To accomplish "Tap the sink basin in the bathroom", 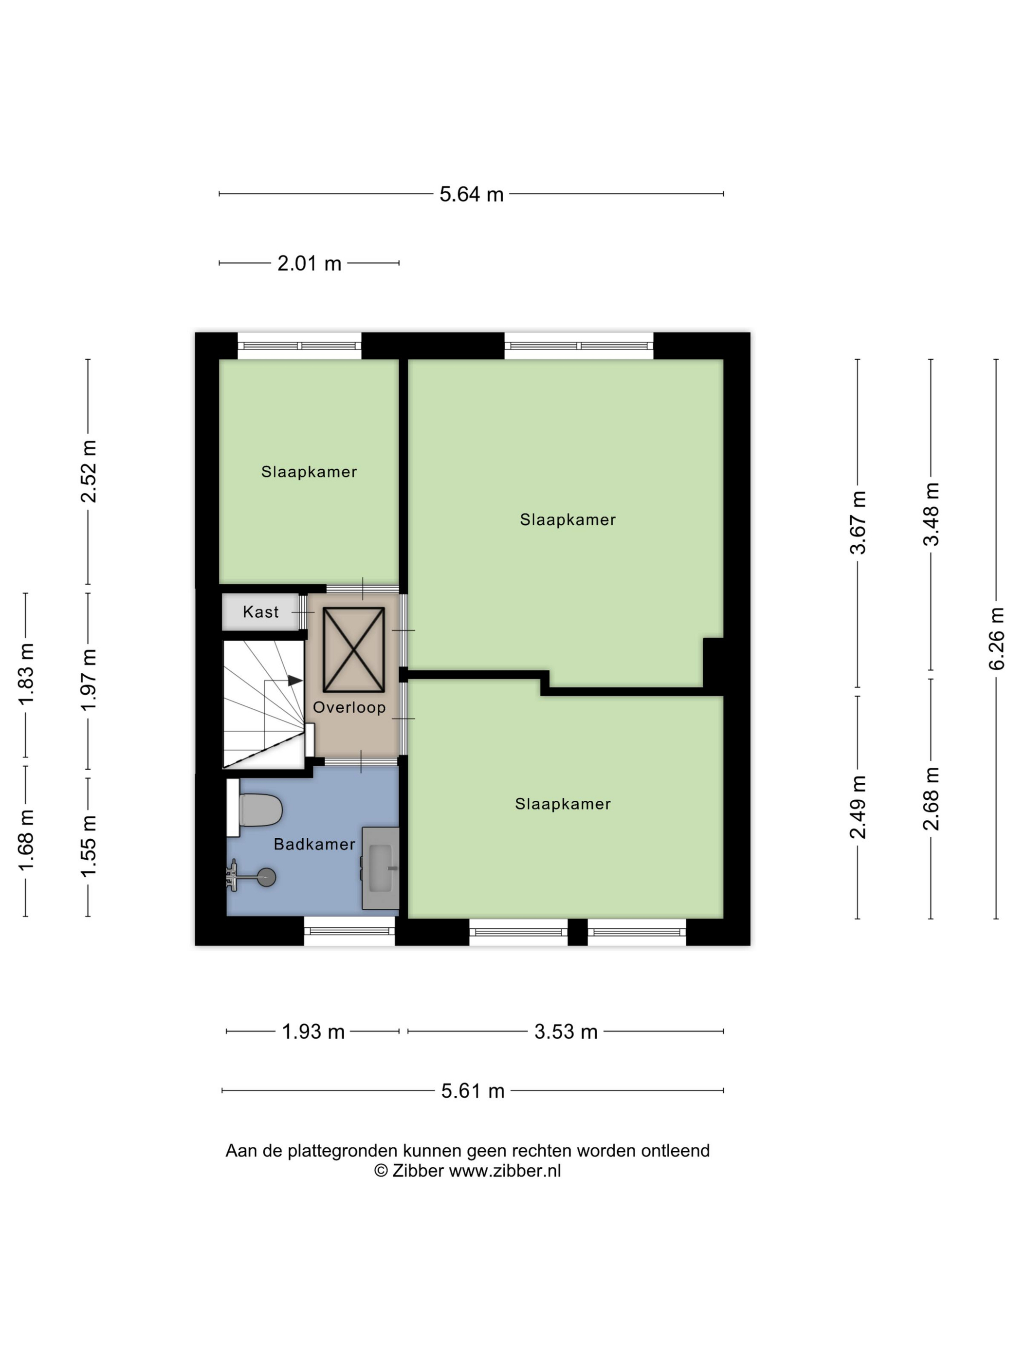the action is pos(380,867).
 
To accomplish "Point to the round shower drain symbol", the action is pos(267,877).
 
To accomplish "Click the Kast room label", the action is pos(260,612).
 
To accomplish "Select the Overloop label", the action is pos(349,707).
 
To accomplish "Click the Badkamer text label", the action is pos(314,844).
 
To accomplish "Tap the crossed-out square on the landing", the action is pos(354,649).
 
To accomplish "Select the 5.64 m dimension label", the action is pos(471,194).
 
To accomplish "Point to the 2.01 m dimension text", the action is pos(309,263).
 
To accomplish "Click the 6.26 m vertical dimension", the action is pos(996,638).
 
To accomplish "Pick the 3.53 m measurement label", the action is pos(566,1031).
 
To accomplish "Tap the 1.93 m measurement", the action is pos(313,1031).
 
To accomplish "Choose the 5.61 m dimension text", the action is pos(473,1091).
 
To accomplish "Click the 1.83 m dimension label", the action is pos(26,674).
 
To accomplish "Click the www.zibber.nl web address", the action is pos(505,1171).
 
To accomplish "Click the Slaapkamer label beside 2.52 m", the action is pos(309,472).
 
